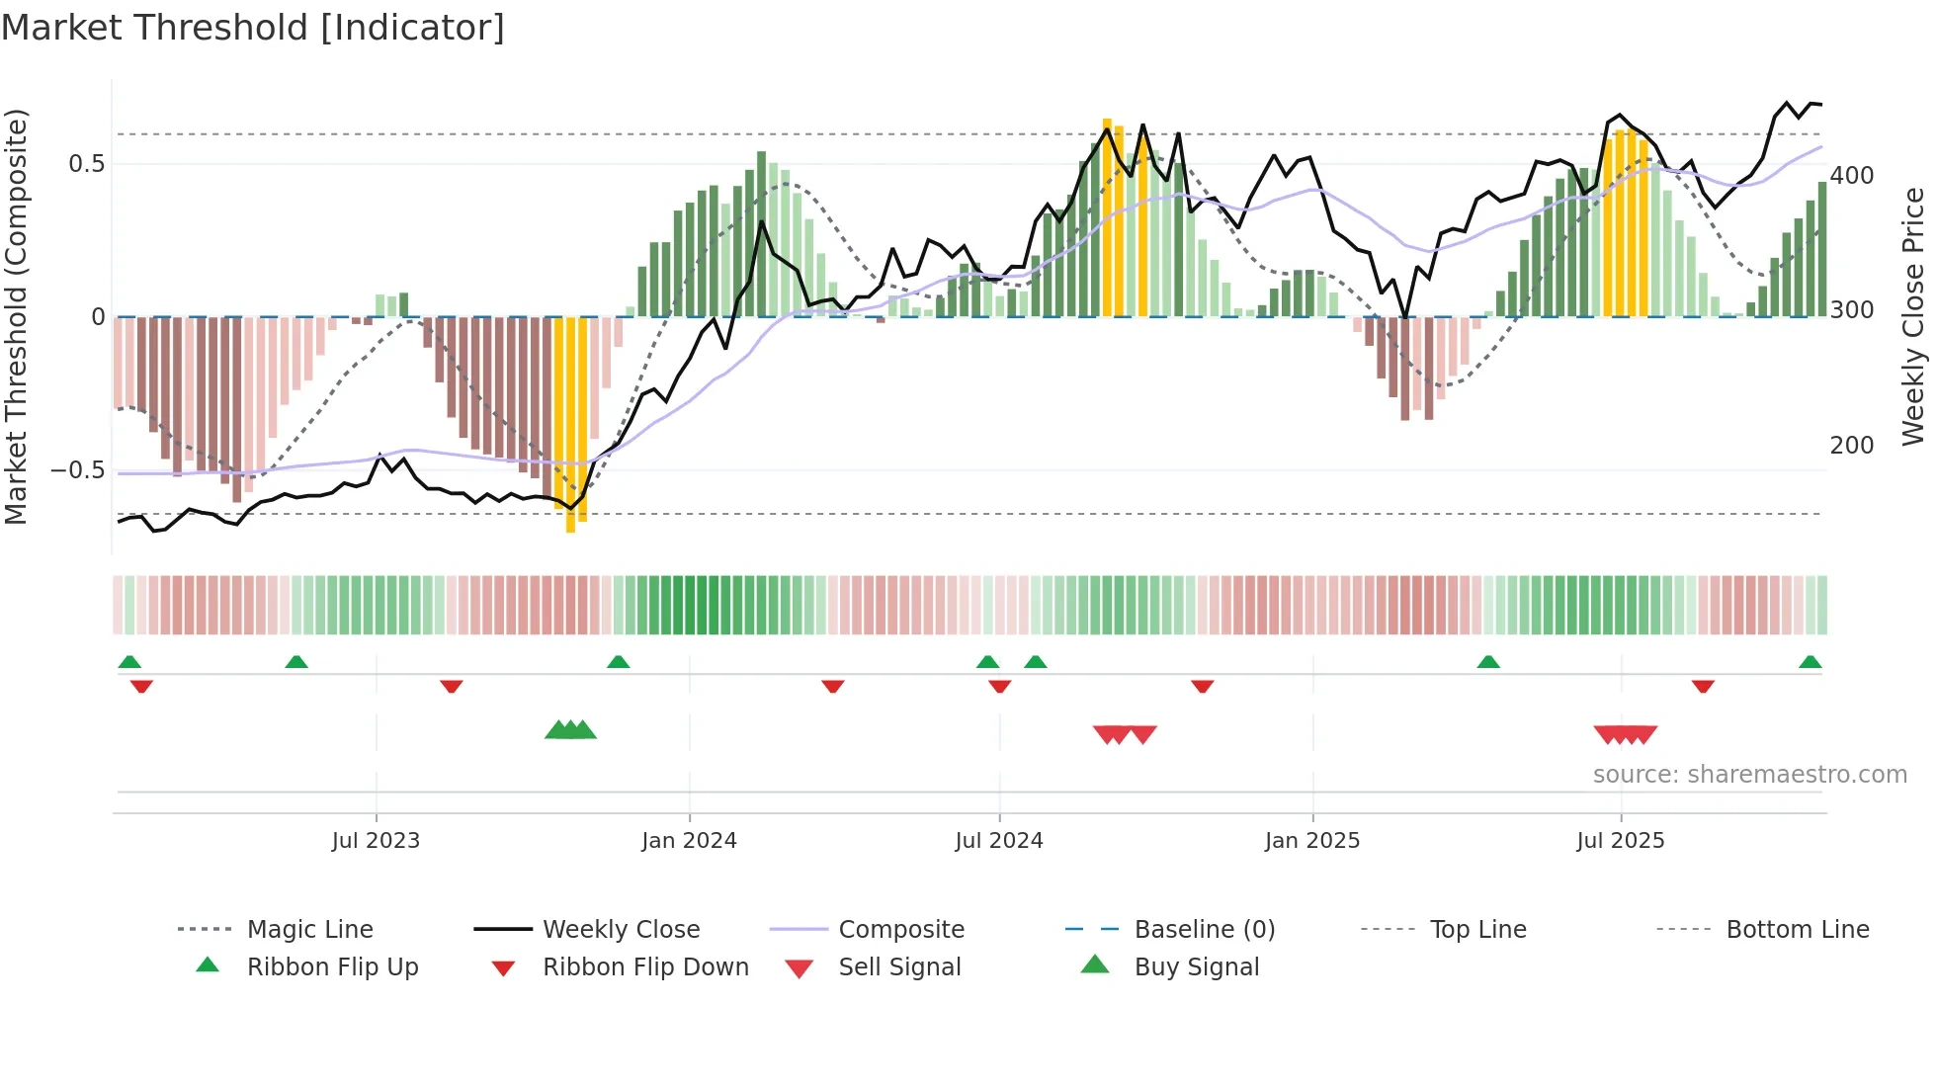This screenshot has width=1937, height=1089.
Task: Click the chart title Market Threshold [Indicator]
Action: point(253,28)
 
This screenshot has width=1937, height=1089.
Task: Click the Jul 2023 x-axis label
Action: point(376,840)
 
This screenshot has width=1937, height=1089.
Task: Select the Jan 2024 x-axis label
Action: point(689,840)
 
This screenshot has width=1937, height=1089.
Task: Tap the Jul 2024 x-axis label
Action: point(999,840)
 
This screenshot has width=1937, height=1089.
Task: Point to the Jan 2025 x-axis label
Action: point(1312,840)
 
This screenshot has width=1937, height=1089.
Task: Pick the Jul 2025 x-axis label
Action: point(1621,840)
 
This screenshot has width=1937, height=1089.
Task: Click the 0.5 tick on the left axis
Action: point(87,164)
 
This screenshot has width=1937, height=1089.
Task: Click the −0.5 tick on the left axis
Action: point(78,470)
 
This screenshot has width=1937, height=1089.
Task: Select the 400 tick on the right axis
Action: point(1852,176)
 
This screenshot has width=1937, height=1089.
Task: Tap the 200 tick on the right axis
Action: point(1852,446)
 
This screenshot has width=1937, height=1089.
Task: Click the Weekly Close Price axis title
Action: point(1914,316)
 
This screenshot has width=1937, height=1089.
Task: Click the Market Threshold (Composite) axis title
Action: point(16,316)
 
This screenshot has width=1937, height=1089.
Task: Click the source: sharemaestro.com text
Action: point(1749,775)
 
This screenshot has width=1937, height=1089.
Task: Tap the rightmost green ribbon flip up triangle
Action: point(1811,662)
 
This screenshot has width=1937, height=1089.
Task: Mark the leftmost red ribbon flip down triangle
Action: point(141,686)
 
